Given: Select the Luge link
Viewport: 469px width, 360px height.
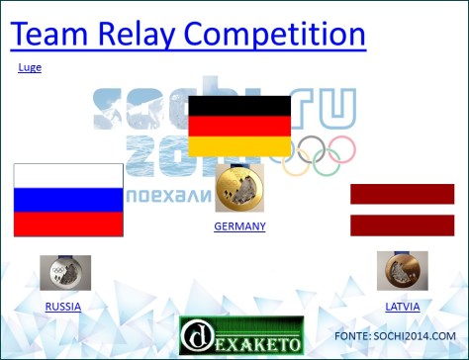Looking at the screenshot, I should (30, 67).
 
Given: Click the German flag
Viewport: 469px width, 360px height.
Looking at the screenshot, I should (239, 127).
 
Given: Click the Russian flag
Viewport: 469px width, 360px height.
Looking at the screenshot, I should (68, 201).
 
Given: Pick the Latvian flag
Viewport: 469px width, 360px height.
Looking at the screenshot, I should (402, 209).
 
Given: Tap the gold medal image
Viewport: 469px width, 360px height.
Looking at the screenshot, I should (239, 188).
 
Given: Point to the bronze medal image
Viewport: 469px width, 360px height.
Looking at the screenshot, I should (402, 270).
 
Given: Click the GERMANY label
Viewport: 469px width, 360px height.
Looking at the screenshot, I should (239, 226).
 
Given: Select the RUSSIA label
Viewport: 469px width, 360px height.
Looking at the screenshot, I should (63, 307).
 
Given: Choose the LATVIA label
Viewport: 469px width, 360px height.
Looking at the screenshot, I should (402, 307).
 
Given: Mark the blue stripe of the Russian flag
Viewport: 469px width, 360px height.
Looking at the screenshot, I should (68, 201).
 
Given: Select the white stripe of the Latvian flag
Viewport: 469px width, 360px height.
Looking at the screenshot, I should (402, 209).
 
